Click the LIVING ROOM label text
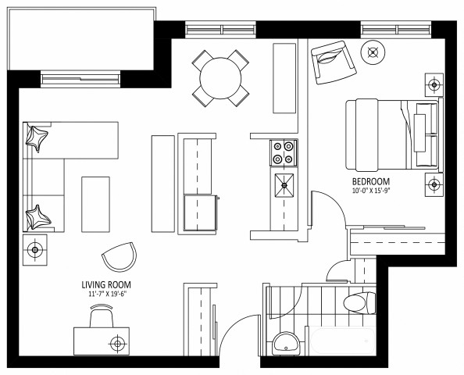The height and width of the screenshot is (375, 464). pos(105,284)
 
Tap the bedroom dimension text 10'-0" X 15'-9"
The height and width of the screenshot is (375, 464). pos(371,190)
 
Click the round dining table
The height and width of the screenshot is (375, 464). pos(222,77)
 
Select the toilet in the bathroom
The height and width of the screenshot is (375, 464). pos(357,302)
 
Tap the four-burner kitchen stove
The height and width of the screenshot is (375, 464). pos(283,152)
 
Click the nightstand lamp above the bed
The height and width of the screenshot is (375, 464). pos(433,84)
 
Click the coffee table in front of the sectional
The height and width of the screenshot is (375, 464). pos(95,203)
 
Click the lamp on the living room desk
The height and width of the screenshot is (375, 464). pos(117,343)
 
